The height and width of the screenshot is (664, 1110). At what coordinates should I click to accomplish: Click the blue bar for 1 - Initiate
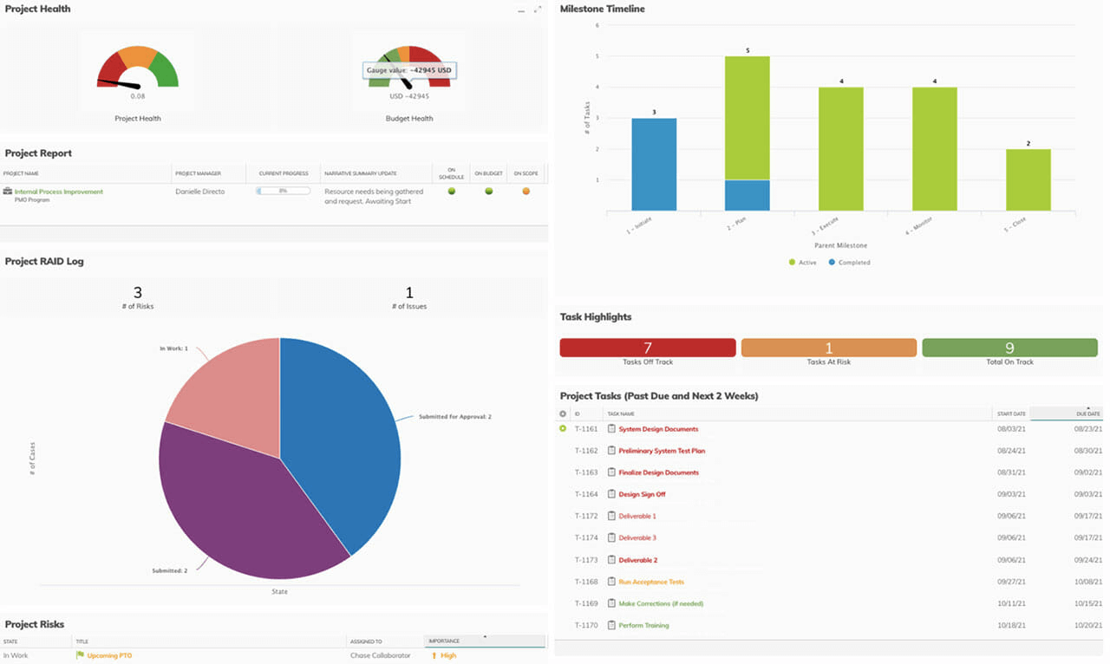653,165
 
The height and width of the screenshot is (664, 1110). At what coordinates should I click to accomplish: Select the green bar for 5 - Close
1028,179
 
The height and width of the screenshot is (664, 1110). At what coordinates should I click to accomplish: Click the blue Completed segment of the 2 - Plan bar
747,195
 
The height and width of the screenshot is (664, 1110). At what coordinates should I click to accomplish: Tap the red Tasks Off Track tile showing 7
647,348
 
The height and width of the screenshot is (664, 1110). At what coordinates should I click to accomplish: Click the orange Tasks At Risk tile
828,348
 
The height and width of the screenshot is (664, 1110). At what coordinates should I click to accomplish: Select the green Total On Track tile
1009,348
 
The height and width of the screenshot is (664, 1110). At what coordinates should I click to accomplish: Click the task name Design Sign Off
642,494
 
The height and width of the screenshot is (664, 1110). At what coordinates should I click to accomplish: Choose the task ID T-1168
586,582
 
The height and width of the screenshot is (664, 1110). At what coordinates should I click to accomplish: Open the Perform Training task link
643,625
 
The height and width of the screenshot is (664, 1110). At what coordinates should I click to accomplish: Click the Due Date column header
1087,414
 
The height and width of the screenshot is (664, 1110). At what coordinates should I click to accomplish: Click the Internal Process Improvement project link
58,192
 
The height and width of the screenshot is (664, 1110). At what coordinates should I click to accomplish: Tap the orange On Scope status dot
526,191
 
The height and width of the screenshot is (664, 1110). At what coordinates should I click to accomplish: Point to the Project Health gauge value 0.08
138,96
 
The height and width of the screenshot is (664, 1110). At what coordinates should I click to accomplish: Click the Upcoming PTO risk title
109,655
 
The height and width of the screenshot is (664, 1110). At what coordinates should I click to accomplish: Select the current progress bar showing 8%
283,191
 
